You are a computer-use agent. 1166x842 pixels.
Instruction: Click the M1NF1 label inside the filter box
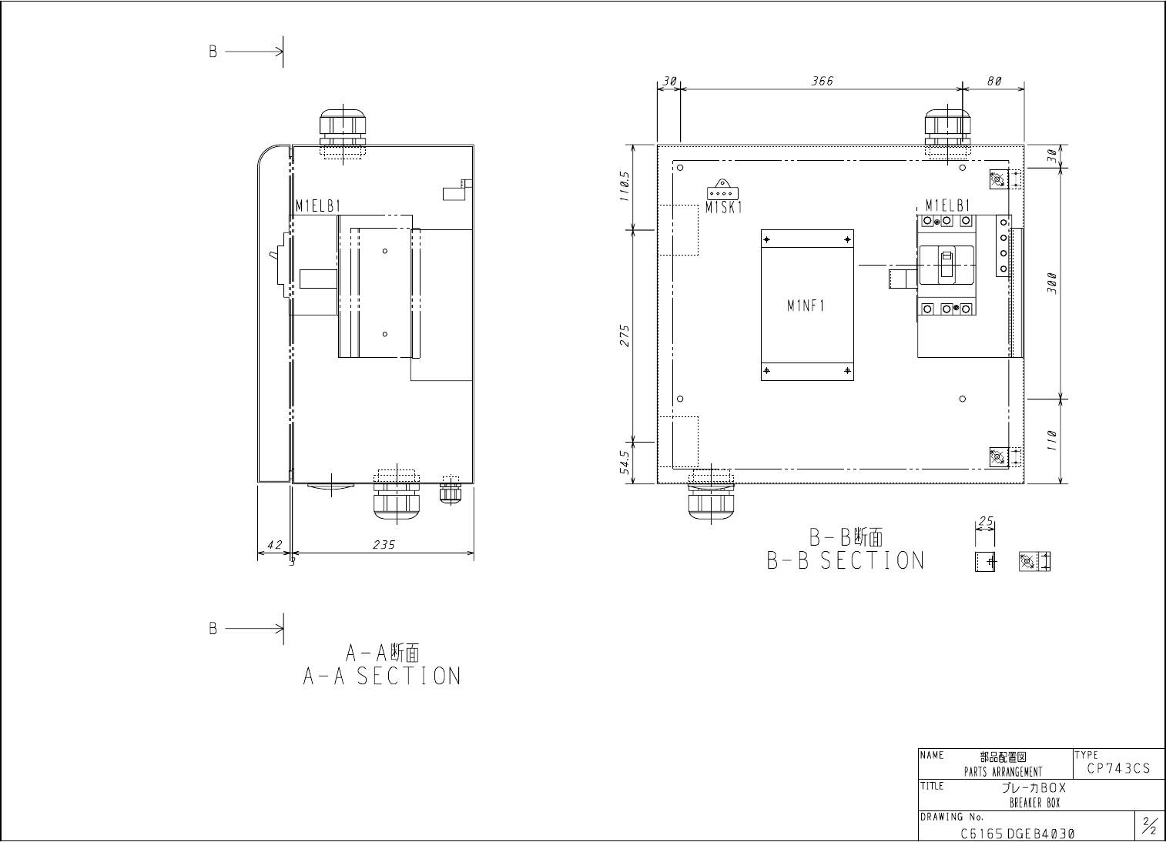(806, 306)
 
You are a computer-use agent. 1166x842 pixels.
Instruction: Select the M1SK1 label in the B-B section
(723, 208)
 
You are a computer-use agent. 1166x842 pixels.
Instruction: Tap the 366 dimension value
(823, 81)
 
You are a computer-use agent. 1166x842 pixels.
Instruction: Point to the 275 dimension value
(625, 336)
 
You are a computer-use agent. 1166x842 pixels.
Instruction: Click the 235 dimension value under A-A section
(384, 544)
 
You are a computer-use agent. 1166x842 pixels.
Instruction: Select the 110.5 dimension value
(625, 186)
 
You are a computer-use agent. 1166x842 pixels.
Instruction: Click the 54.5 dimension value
(625, 463)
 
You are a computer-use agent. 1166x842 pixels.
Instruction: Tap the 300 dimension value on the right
(1052, 283)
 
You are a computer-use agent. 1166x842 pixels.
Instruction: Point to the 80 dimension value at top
(994, 81)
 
